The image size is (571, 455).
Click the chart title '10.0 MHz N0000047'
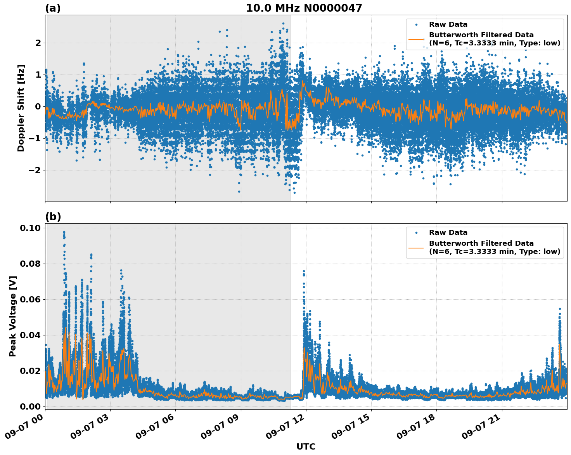(x=304, y=8)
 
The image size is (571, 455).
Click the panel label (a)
(x=53, y=8)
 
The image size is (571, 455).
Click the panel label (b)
(x=53, y=217)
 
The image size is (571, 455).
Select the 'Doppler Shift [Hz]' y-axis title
(x=21, y=108)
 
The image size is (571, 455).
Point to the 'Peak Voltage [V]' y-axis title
(x=13, y=316)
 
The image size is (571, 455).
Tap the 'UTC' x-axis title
(x=306, y=446)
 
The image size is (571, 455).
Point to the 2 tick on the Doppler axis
(x=38, y=43)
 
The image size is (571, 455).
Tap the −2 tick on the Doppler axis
(x=35, y=170)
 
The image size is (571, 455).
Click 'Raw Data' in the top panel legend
(x=448, y=24)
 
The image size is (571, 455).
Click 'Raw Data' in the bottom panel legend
(x=448, y=233)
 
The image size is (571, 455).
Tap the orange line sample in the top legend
(x=416, y=39)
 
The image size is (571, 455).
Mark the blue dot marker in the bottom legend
(x=416, y=233)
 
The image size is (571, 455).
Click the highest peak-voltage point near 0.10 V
(x=64, y=232)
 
